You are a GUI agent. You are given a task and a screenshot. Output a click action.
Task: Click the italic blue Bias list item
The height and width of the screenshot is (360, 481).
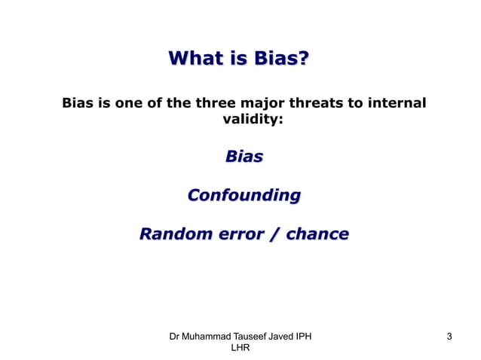click(244, 157)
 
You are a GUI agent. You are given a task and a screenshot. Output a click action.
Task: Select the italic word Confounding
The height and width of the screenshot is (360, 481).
click(244, 196)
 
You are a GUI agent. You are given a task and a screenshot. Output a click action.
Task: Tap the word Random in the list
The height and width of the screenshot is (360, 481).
click(173, 234)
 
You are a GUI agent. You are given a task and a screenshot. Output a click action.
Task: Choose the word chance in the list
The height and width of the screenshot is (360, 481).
click(317, 234)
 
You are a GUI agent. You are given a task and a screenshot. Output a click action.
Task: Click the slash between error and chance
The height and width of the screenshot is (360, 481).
click(273, 234)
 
